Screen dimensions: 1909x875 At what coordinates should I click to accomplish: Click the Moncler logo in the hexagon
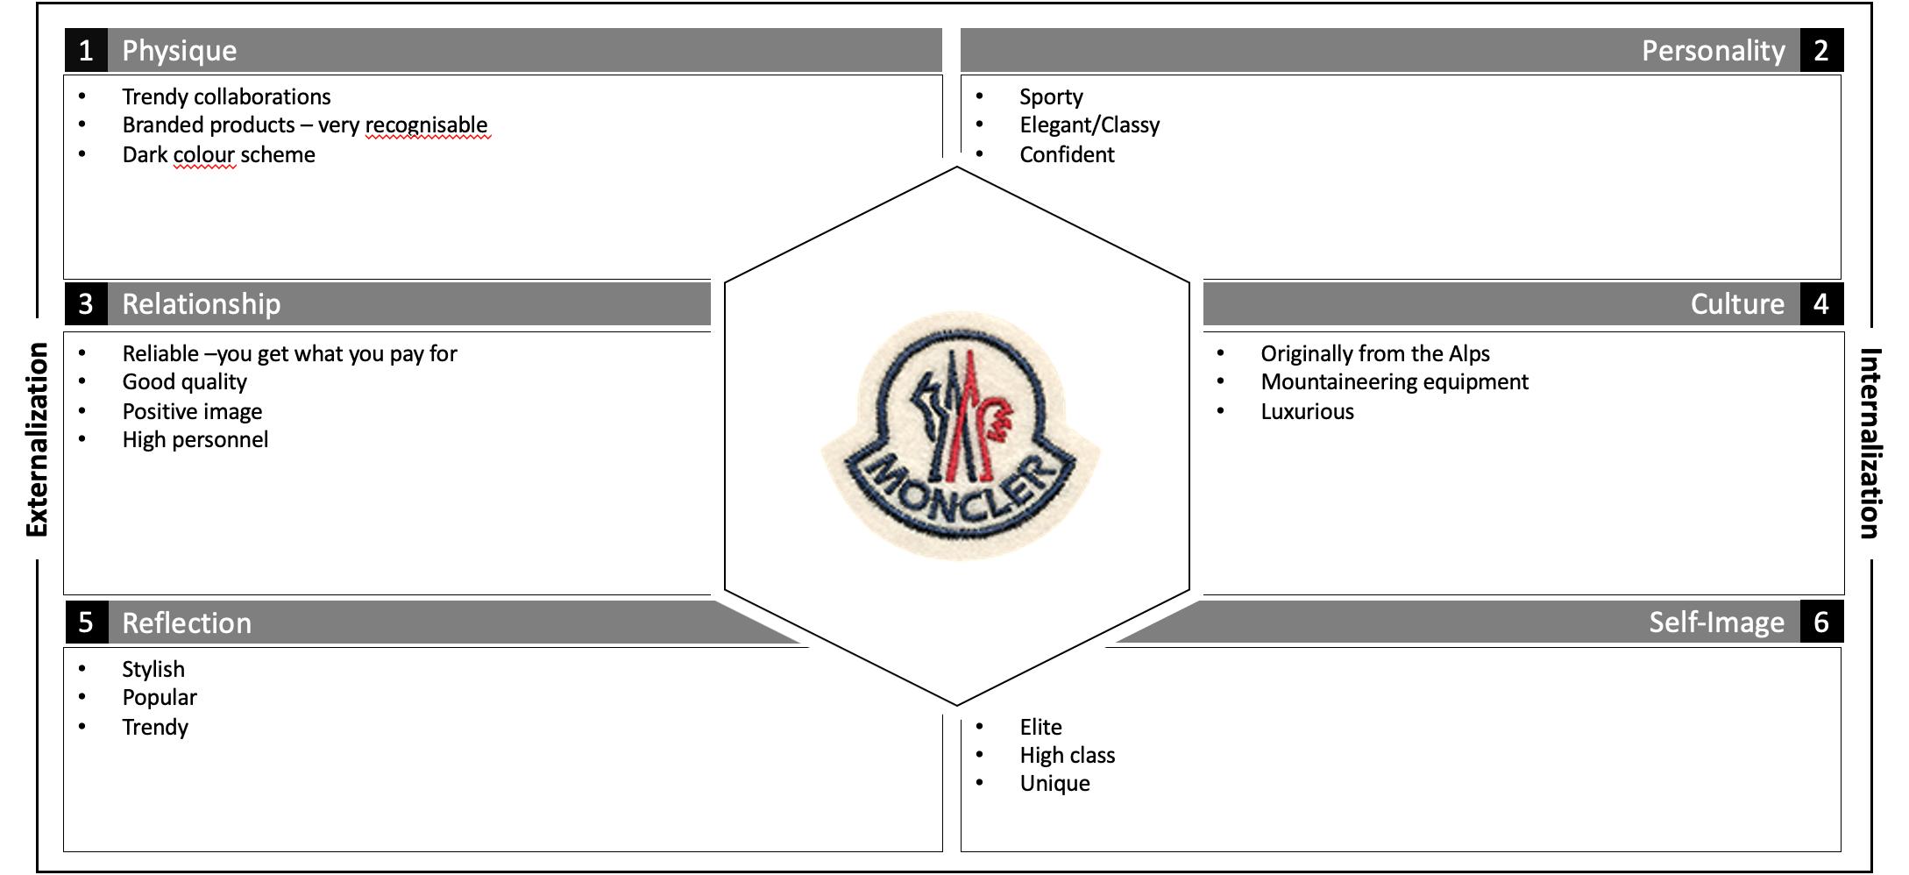[x=960, y=436]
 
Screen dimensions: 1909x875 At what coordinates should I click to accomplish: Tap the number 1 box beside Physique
[x=86, y=50]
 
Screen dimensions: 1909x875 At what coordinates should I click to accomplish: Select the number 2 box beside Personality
[x=1821, y=50]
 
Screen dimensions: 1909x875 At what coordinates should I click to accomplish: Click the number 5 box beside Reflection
[x=86, y=622]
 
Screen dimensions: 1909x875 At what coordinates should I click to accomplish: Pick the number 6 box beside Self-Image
[x=1821, y=622]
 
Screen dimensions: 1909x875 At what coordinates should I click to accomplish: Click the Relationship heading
[x=201, y=304]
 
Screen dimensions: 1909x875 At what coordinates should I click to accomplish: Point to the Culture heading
[x=1736, y=304]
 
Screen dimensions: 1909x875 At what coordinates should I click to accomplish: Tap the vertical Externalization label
[x=37, y=439]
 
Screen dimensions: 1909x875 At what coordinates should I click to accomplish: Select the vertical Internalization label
[x=1870, y=443]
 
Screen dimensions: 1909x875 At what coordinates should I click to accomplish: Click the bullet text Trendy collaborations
[x=226, y=96]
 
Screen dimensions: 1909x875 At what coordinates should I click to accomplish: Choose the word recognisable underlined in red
[x=426, y=125]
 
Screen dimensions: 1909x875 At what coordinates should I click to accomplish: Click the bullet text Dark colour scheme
[x=218, y=155]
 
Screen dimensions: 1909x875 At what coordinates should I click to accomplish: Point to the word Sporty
[x=1051, y=96]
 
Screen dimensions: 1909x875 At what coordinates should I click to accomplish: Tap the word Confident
[x=1067, y=155]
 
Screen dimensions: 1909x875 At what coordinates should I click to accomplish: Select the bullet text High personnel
[x=195, y=440]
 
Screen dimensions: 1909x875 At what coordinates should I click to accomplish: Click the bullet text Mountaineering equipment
[x=1394, y=382]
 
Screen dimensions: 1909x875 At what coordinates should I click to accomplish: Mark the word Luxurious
[x=1307, y=412]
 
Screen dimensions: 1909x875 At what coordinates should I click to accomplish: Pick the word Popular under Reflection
[x=160, y=698]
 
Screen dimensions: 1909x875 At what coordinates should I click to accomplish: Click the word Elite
[x=1040, y=727]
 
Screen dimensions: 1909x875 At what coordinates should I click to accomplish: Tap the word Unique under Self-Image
[x=1054, y=784]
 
